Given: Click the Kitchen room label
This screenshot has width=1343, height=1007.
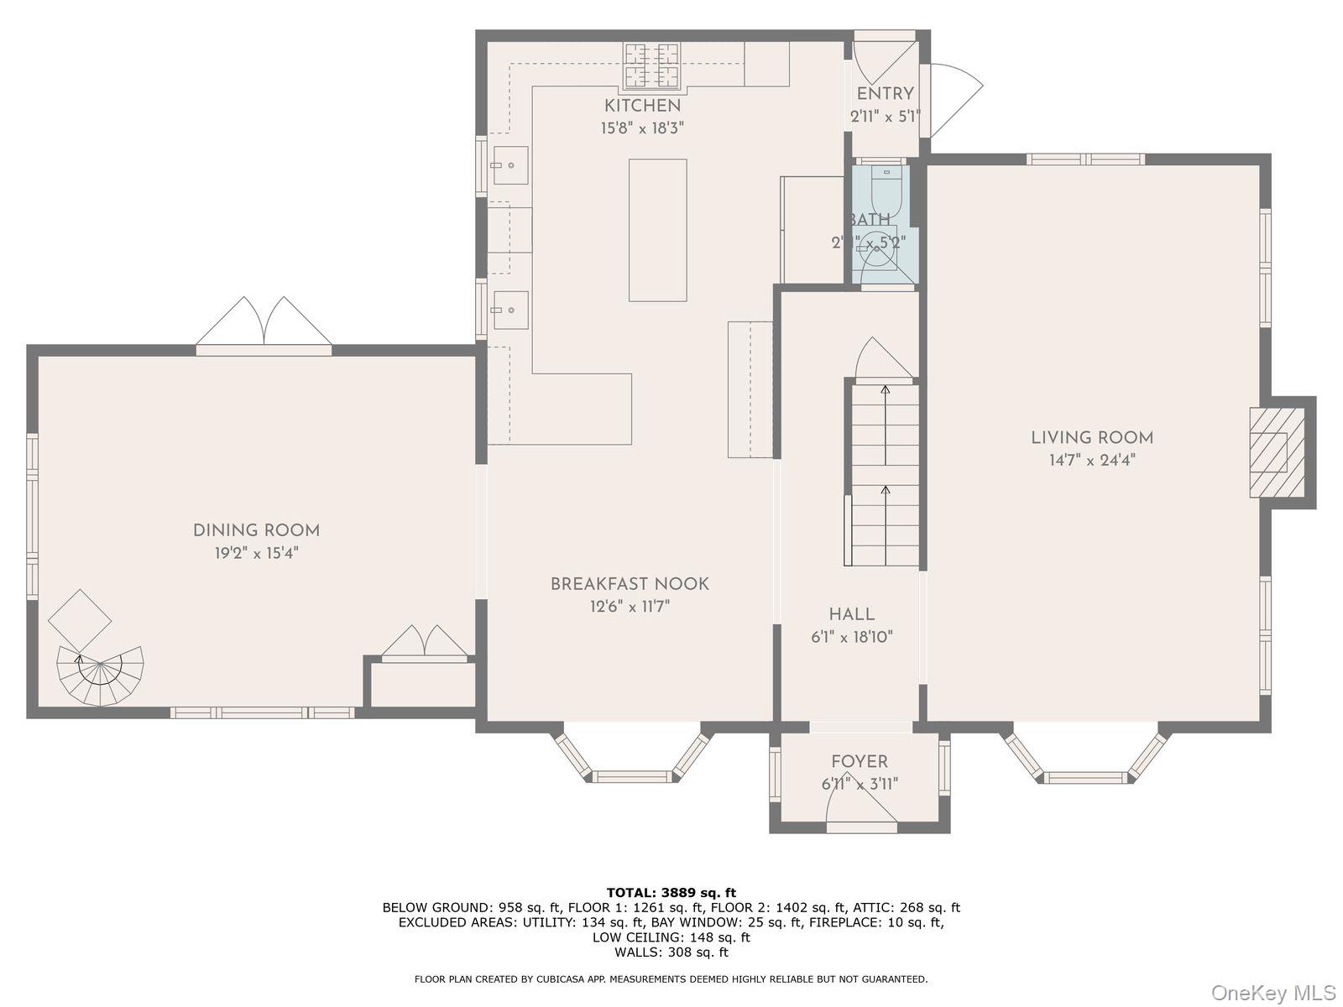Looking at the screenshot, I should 642,106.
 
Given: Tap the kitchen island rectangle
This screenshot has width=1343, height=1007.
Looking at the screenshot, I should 657,230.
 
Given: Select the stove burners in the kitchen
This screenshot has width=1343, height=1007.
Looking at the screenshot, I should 651,65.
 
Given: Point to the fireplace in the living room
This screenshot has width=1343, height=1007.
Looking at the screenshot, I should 1277,452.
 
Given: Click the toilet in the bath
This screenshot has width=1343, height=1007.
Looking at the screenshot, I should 886,190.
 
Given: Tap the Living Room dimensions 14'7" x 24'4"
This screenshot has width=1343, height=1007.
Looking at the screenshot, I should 1091,460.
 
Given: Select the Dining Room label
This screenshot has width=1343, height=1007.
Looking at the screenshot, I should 256,530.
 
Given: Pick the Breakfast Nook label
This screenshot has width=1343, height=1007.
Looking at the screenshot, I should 630,584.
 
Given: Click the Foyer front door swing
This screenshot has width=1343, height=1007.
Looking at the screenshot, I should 860,807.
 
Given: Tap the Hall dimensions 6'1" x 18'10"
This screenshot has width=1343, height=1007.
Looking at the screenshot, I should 851,637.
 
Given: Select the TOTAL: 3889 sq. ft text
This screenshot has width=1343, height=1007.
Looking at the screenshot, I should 671,892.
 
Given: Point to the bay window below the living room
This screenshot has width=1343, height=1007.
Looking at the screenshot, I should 1086,759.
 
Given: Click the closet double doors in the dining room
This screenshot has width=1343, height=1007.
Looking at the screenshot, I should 425,642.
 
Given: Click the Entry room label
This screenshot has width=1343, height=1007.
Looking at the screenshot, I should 885,94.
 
